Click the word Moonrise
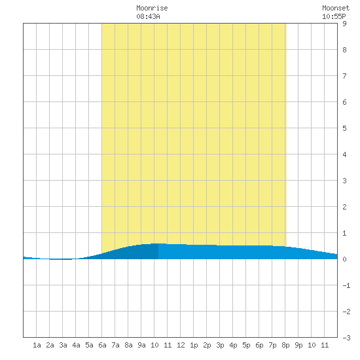[152, 8]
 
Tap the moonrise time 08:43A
[148, 16]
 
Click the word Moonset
[336, 8]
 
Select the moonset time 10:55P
[334, 16]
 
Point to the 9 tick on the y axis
[344, 24]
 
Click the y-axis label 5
[344, 128]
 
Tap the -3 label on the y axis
[346, 338]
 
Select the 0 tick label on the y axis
[344, 259]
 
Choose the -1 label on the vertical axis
[346, 285]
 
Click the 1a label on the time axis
[37, 345]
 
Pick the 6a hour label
[102, 345]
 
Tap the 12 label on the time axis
[181, 345]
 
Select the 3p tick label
[220, 345]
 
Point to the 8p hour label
[285, 345]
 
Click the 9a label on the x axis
[141, 345]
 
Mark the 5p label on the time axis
[246, 345]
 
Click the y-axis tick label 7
[344, 76]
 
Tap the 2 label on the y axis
[344, 207]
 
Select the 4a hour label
[76, 345]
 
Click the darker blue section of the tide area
[137, 253]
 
